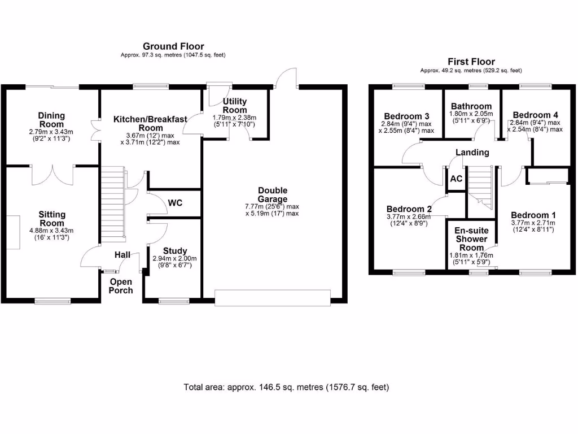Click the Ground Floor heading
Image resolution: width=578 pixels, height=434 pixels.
(173, 46)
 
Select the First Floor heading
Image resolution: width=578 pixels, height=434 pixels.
(471, 62)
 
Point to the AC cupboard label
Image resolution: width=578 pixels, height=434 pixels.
(456, 179)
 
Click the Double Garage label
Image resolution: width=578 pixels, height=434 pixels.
(273, 195)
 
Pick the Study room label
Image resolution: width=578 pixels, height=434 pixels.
(175, 251)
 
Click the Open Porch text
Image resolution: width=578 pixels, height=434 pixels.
(121, 286)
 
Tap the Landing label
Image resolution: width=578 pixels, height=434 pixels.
(472, 153)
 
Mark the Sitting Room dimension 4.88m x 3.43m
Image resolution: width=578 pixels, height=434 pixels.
(52, 231)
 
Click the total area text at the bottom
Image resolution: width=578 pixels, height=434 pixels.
(286, 388)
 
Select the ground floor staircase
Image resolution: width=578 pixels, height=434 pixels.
(113, 203)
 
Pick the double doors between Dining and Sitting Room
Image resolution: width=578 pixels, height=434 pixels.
(52, 175)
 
